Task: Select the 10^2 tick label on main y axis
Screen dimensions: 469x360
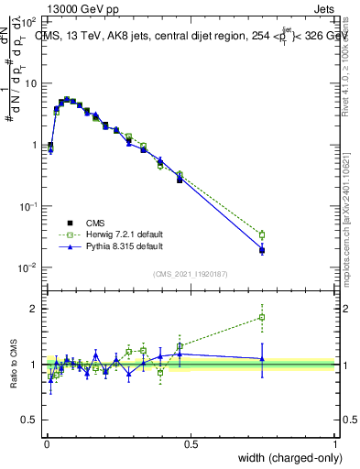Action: coord(30,21)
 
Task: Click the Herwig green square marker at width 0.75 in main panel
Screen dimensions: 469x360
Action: coord(263,235)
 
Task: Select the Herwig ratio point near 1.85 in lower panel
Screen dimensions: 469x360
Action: coord(263,317)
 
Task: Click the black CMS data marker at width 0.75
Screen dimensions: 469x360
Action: coord(263,249)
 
